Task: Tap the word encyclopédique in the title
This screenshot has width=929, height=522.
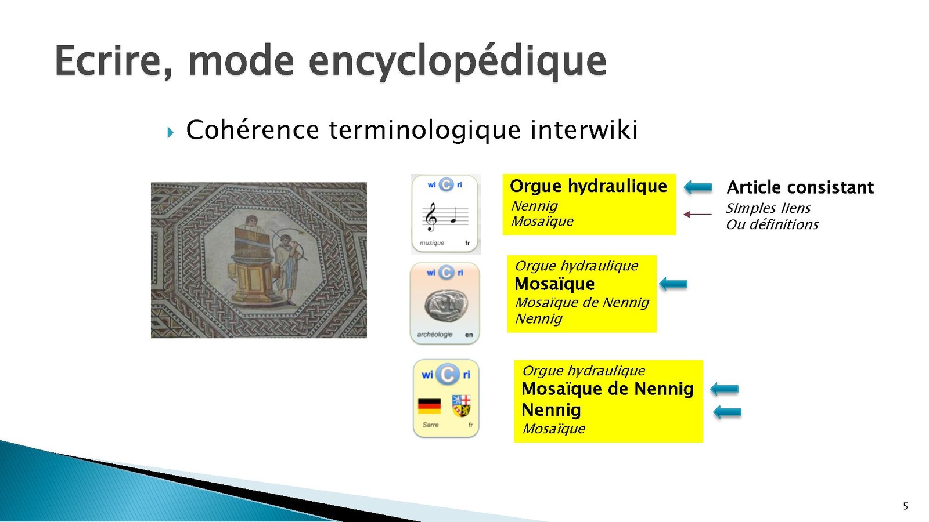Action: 458,61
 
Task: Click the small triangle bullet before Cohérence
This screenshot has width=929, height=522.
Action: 171,133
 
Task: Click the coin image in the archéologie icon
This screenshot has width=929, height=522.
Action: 447,305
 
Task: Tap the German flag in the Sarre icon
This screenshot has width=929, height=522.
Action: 429,406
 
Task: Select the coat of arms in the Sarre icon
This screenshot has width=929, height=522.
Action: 462,405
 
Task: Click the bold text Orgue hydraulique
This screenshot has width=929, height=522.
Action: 588,187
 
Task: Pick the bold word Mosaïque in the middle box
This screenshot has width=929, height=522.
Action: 554,284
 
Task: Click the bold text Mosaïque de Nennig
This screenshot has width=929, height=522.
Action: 607,389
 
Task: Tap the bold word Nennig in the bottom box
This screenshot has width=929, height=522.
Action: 551,411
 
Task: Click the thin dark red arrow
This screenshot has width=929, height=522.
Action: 697,214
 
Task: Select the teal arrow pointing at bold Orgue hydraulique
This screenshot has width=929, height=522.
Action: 698,187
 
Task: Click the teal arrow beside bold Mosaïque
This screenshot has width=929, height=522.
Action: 673,284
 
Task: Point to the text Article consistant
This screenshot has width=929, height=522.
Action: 800,188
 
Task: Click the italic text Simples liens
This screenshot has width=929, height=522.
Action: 768,208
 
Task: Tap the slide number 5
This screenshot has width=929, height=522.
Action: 905,506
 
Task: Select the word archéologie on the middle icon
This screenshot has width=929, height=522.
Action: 435,335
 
